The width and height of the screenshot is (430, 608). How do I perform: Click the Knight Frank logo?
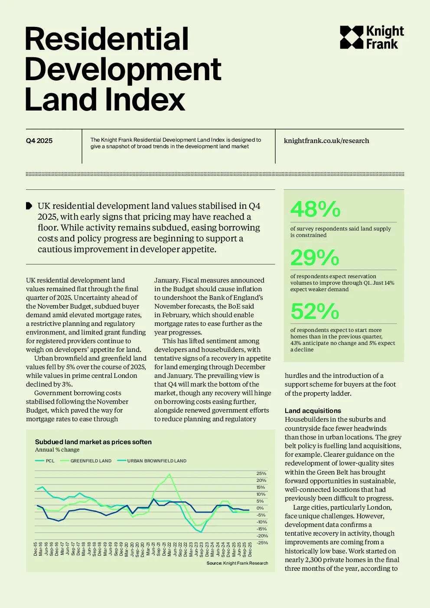click(372, 37)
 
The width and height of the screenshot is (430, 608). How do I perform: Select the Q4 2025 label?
click(39, 140)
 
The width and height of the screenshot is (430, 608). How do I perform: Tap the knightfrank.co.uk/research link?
click(326, 140)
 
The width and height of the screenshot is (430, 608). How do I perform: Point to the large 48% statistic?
click(315, 209)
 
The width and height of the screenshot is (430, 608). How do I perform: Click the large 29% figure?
click(315, 257)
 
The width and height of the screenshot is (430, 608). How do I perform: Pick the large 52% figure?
click(315, 311)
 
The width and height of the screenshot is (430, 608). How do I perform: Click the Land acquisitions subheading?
click(313, 411)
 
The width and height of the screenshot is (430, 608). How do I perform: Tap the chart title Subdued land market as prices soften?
click(93, 442)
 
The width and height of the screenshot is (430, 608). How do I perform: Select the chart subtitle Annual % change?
click(57, 450)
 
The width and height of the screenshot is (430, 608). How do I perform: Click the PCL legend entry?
click(45, 461)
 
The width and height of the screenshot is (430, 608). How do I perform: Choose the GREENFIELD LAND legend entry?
click(85, 461)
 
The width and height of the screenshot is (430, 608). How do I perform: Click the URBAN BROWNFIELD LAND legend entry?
click(152, 461)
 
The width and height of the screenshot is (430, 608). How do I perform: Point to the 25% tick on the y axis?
click(261, 473)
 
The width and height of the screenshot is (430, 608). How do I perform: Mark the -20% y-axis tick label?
click(262, 536)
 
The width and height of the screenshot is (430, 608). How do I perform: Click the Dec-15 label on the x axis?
click(35, 549)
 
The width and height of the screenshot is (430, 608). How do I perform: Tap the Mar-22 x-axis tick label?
click(169, 549)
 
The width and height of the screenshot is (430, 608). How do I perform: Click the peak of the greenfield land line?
click(169, 474)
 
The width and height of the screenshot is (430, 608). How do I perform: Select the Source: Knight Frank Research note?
click(237, 563)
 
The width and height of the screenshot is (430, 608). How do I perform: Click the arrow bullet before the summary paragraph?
click(29, 206)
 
